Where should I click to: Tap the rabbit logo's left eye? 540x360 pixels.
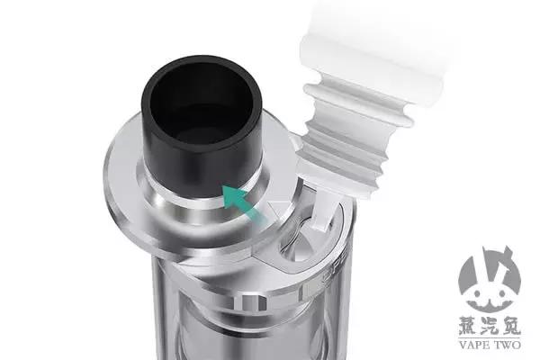pos(477,293)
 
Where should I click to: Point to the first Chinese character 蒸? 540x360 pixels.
pos(468,325)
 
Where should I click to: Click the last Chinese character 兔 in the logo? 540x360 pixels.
pos(510,325)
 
